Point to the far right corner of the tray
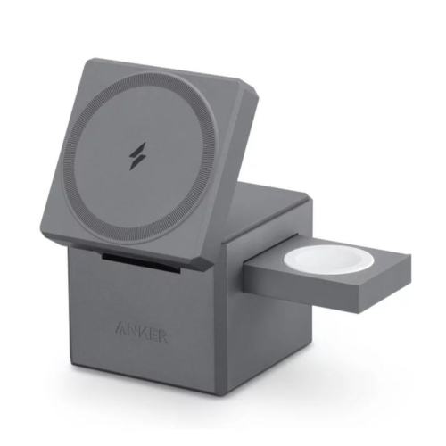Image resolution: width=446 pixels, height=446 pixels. [x=411, y=257]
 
